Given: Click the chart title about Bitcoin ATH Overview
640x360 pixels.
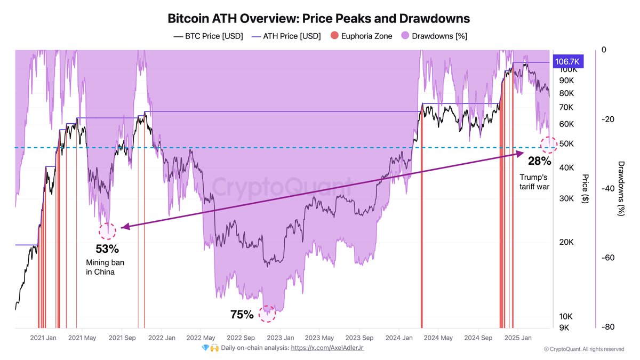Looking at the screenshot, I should (x=319, y=18).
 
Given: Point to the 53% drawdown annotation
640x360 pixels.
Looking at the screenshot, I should (x=107, y=249).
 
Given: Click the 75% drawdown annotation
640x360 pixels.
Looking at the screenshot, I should (x=242, y=315).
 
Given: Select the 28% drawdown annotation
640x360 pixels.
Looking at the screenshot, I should (x=539, y=161).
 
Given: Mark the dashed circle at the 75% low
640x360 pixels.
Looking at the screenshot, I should (x=267, y=314).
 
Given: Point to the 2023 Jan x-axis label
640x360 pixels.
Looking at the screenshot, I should (x=281, y=338).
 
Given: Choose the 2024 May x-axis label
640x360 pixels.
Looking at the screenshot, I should (x=438, y=338).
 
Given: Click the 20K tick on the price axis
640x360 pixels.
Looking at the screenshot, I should (x=566, y=242).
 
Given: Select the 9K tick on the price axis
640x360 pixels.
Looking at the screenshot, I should (x=564, y=328).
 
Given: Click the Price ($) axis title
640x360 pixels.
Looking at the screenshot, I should (x=585, y=188).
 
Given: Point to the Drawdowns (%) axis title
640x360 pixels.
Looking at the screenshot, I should (x=620, y=188).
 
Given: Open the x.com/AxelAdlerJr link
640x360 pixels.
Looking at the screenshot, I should (x=327, y=348).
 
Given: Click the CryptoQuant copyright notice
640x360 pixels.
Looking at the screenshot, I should (x=583, y=349).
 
